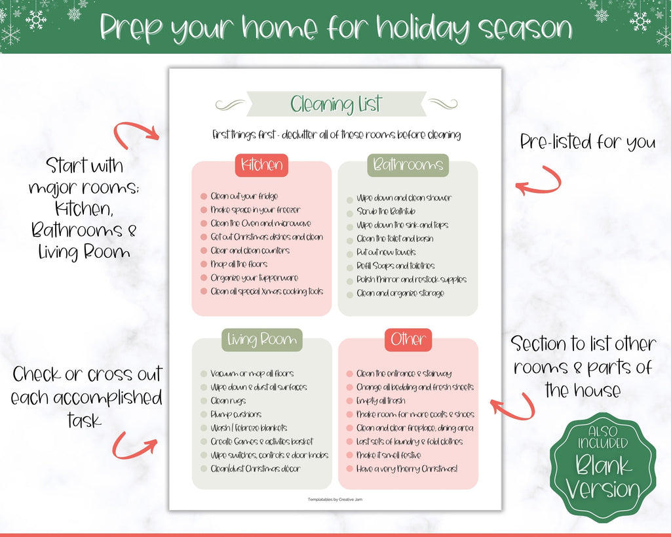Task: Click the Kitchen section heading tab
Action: point(261,165)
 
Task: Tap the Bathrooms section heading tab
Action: point(408,165)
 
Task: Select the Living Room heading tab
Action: point(262,340)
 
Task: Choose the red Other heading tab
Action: point(408,340)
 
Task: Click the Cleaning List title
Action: point(336,104)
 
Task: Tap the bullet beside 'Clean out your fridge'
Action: point(204,197)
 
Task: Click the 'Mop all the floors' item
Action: point(239,264)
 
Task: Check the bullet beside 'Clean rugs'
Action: point(204,401)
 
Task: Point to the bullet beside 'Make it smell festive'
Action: point(350,456)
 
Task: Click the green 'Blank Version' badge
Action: point(603,467)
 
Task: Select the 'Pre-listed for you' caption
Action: point(588,142)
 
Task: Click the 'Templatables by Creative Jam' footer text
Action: point(335,500)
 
